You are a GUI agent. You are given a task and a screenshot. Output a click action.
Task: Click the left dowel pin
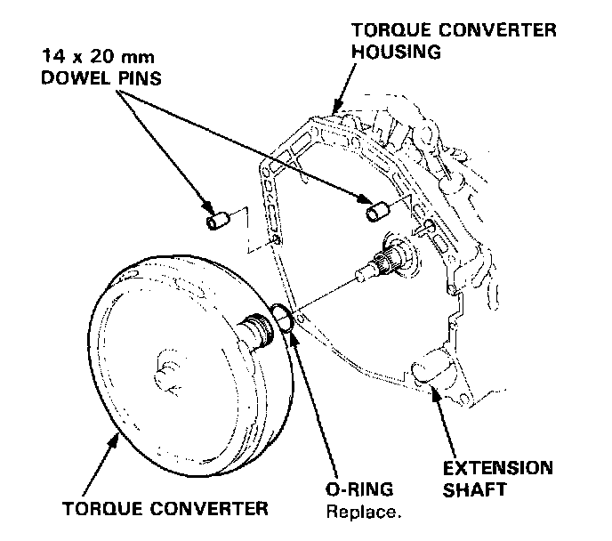click(x=217, y=219)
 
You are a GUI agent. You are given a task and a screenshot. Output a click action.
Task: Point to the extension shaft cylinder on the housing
click(x=432, y=367)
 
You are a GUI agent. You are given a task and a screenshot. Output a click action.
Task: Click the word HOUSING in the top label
click(x=397, y=52)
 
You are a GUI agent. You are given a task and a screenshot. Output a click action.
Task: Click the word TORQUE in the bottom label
click(x=98, y=509)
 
